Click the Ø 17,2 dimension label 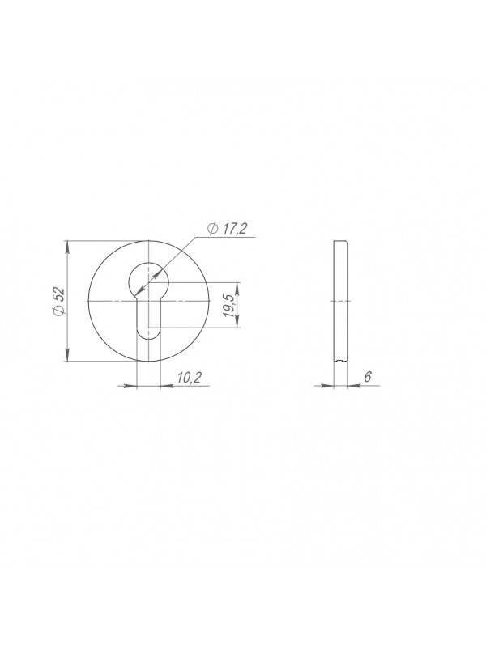[x=228, y=229]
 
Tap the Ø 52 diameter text [x=59, y=301]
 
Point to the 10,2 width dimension [x=189, y=377]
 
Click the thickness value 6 [x=369, y=377]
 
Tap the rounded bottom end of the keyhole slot [x=148, y=336]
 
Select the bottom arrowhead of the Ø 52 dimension [x=67, y=355]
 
